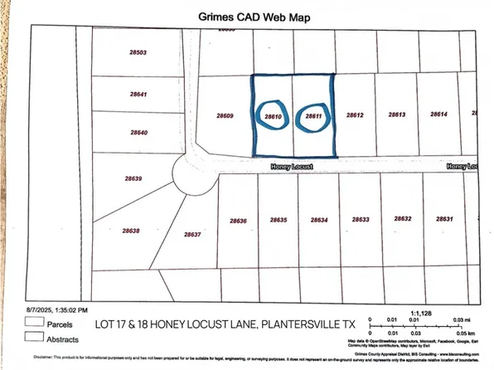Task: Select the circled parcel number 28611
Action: [313, 117]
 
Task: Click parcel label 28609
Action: [225, 116]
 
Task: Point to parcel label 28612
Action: [356, 115]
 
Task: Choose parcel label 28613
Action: [396, 115]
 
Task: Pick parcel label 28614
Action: [438, 114]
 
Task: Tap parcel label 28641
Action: [138, 95]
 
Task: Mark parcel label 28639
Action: [133, 178]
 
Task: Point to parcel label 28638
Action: [131, 231]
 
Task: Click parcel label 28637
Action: [192, 234]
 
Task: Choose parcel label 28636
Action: [238, 221]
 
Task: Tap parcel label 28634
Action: [319, 220]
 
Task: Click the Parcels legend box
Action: [34, 320]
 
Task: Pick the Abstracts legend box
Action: [34, 336]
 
